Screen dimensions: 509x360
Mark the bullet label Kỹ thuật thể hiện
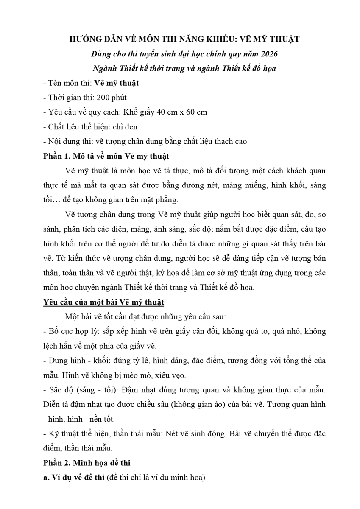pyautogui.click(x=75, y=433)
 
